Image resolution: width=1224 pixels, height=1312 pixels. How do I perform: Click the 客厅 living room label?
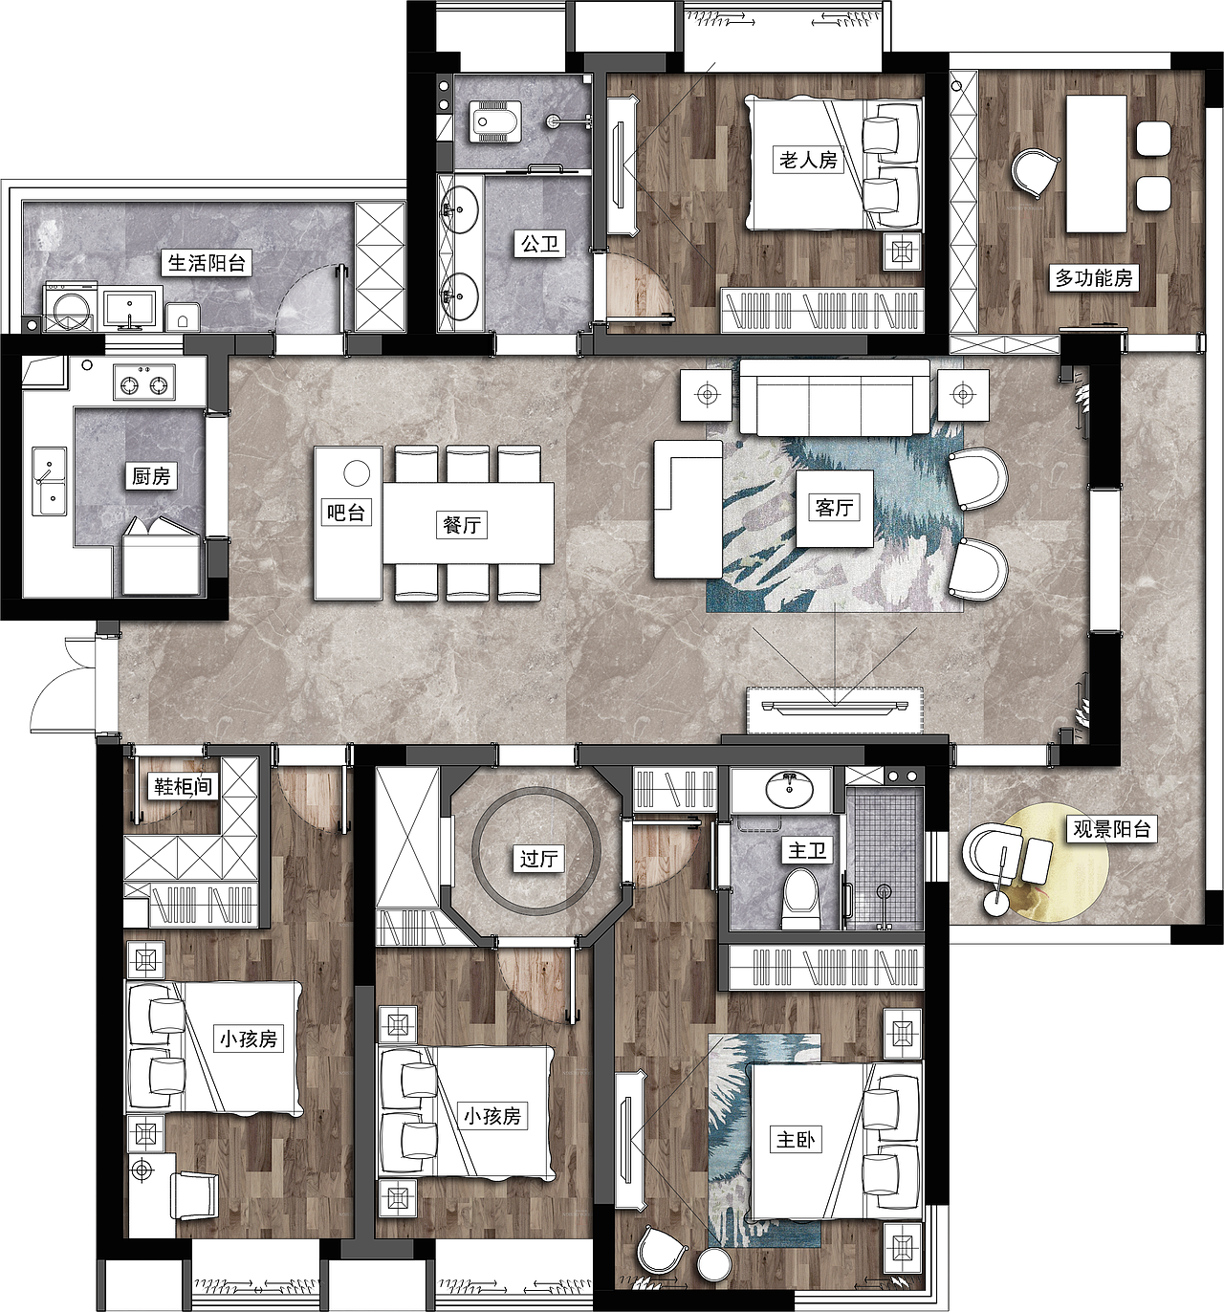pos(834,508)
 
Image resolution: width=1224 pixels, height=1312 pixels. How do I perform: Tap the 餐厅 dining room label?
pos(462,525)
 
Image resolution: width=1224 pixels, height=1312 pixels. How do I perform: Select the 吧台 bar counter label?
pos(345,512)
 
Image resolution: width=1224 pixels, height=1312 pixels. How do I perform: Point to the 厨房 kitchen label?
pos(151,475)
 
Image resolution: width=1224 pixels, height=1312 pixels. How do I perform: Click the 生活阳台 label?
pos(207,263)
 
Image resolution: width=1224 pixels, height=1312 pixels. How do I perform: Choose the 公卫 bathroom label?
pos(540,245)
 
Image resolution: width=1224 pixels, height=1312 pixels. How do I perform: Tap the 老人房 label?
pos(809,159)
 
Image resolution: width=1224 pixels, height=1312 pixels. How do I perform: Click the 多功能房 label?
pos(1094,278)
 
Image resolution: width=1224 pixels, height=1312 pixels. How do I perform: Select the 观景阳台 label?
pos(1112,828)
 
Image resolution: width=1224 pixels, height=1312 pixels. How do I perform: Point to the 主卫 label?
pos(807,850)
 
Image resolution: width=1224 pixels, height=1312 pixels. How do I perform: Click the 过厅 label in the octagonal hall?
pos(538,859)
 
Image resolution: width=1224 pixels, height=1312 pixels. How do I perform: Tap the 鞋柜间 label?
pos(183,786)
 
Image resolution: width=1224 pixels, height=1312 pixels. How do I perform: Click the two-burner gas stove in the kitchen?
pos(144,383)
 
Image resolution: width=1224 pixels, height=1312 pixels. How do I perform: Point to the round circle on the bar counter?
pos(357,473)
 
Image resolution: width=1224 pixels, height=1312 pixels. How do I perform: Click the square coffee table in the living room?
pos(834,509)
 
